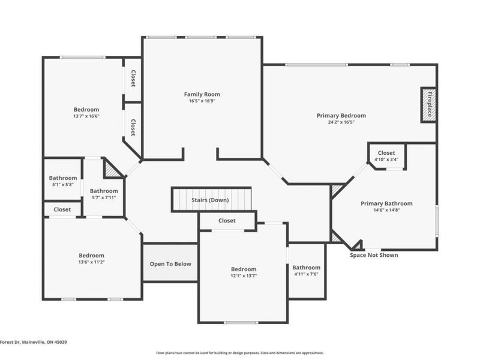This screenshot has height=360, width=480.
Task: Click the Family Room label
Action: (202, 94)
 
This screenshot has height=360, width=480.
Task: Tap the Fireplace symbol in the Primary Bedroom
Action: (428, 105)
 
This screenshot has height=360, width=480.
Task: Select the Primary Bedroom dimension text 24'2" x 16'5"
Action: (341, 122)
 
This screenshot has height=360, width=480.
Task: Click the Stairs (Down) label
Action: (209, 200)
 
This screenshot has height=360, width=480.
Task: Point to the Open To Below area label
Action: (170, 263)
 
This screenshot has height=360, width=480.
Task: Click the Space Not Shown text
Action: (374, 255)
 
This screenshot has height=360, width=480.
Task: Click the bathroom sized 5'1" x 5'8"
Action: (63, 181)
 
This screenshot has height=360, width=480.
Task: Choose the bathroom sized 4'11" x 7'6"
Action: (306, 271)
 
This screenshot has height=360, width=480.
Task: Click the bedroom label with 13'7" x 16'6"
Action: (86, 113)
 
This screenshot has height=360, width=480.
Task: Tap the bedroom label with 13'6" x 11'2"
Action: (91, 259)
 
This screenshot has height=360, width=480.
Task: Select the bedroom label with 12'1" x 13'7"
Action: (244, 272)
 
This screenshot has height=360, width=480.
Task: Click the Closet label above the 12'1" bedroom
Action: (227, 221)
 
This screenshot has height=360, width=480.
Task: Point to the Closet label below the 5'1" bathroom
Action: (62, 209)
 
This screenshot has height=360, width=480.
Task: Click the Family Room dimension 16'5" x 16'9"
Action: (202, 101)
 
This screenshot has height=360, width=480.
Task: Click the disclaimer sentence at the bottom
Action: (240, 353)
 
